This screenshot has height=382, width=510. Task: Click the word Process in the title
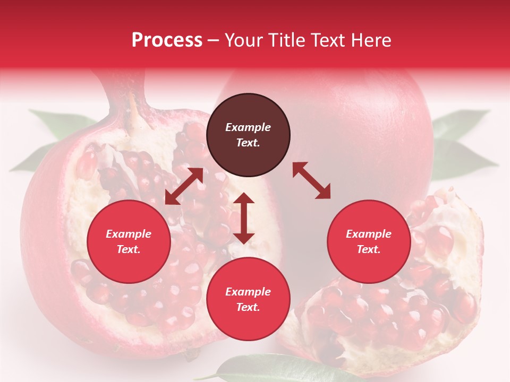[x=167, y=40]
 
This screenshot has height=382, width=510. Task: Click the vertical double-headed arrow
[x=244, y=218]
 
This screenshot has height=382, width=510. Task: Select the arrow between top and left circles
[x=184, y=186]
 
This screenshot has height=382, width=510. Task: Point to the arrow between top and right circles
[x=311, y=180]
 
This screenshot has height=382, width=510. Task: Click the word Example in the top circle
[x=248, y=127]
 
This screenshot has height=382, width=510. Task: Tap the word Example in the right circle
[x=369, y=234]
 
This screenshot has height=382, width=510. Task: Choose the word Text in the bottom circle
[x=247, y=307]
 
